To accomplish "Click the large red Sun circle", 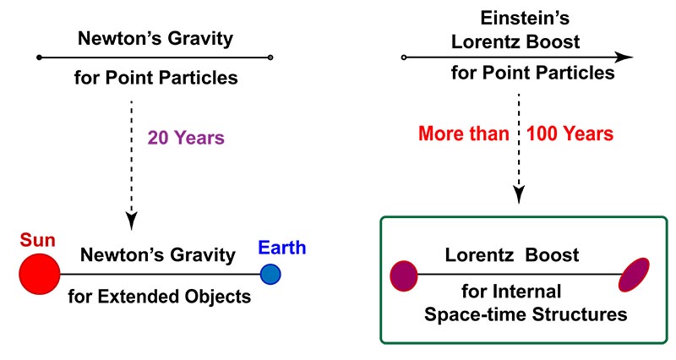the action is click(x=40, y=274).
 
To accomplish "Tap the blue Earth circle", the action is click(x=270, y=274).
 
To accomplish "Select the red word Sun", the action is click(x=37, y=240).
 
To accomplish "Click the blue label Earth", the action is click(x=282, y=248).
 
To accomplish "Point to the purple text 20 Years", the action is click(x=186, y=138).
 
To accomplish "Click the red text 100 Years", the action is click(x=570, y=134).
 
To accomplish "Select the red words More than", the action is click(x=464, y=134).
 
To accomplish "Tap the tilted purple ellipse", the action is click(x=634, y=275).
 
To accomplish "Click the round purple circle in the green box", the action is click(x=404, y=276).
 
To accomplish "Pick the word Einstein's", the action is click(x=525, y=18).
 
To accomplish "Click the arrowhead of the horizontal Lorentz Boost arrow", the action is click(x=624, y=57).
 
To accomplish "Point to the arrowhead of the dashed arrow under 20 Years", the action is click(x=131, y=220).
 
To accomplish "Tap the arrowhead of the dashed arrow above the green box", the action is click(x=519, y=194).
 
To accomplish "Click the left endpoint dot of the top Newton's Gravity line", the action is click(x=39, y=57).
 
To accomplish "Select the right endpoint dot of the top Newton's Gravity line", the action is click(x=270, y=57).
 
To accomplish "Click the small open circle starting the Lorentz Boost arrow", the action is click(x=404, y=57).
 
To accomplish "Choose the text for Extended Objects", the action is click(x=160, y=297).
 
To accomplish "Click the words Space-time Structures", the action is click(x=526, y=314).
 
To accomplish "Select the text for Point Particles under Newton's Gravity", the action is click(x=156, y=78).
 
